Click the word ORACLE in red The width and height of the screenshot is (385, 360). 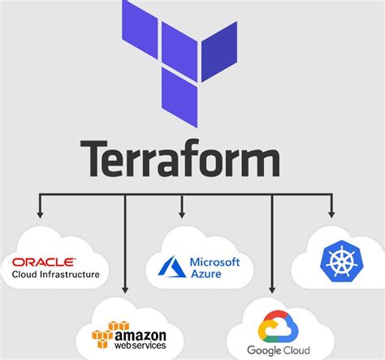point(45,262)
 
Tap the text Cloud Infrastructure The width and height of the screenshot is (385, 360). point(55,275)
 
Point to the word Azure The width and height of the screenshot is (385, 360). point(206,275)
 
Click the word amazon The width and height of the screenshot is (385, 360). point(139,334)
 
